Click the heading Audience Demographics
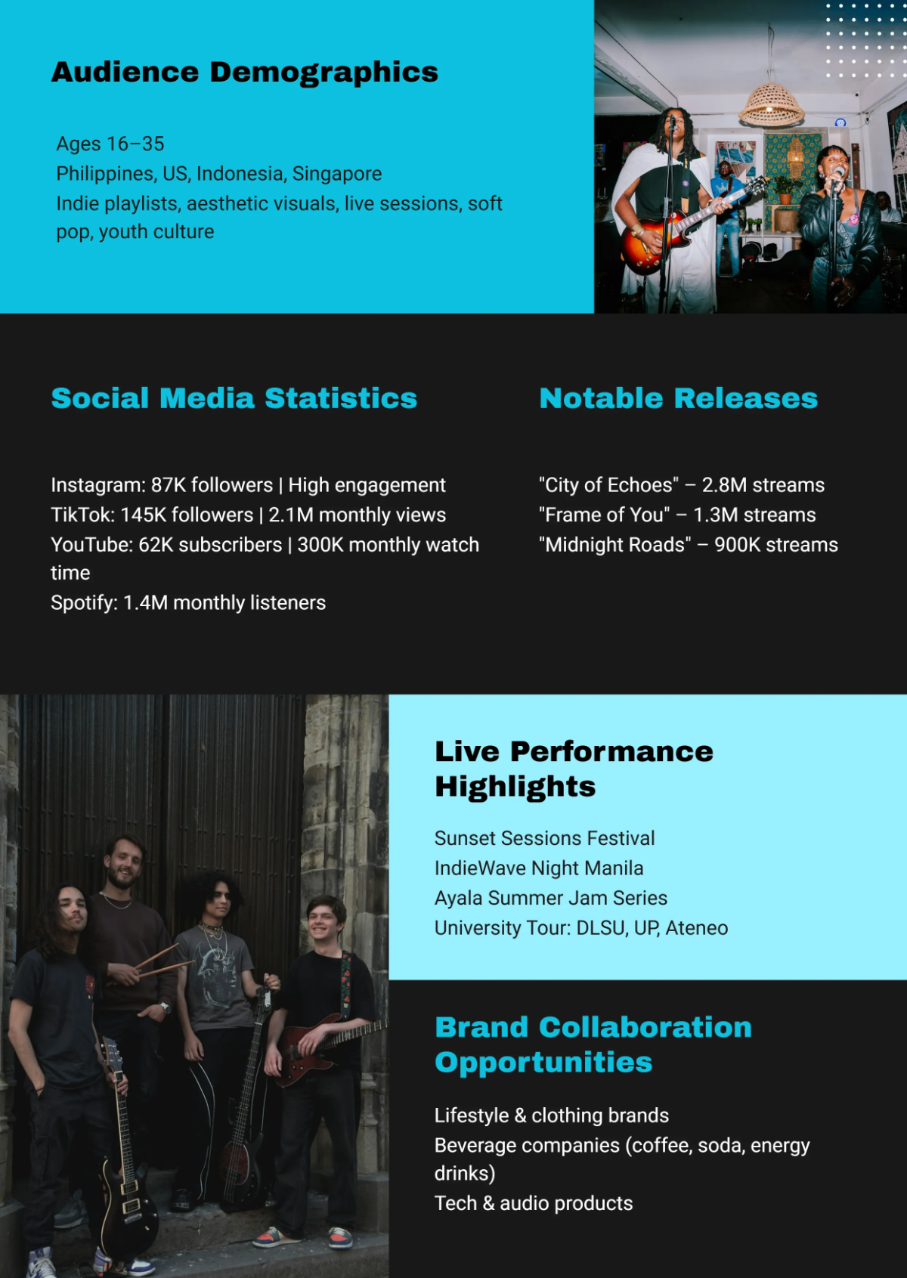click(244, 72)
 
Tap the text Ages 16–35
click(110, 144)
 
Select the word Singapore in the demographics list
click(337, 174)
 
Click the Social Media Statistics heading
click(234, 398)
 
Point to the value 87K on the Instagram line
click(169, 485)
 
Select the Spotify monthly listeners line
click(188, 602)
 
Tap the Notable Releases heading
click(678, 398)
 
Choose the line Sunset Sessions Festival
click(544, 838)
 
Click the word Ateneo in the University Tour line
click(697, 928)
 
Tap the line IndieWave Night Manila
click(539, 868)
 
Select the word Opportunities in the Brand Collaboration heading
click(543, 1063)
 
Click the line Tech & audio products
click(534, 1203)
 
